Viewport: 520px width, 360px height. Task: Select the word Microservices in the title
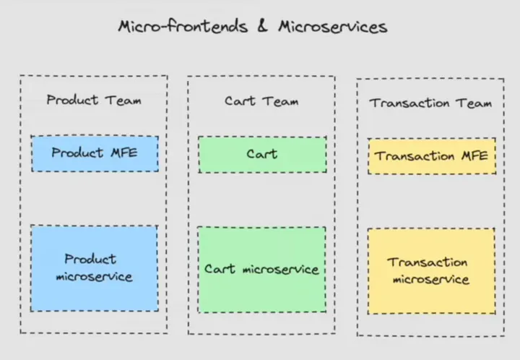(332, 27)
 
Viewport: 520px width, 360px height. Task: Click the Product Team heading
(94, 100)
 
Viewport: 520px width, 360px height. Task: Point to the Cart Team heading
(261, 101)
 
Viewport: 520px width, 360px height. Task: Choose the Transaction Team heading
(431, 103)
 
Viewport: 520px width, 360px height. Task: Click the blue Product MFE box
(94, 153)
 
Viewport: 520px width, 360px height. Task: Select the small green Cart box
(262, 154)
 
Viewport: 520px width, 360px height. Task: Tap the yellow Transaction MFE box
(431, 156)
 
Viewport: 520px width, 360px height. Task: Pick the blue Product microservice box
(94, 268)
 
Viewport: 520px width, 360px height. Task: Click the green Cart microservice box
(262, 270)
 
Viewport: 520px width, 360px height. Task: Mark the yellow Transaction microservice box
(431, 271)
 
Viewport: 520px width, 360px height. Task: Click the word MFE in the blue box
(123, 153)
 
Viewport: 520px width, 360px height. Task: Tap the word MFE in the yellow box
(474, 156)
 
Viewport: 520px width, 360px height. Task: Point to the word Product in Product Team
(73, 100)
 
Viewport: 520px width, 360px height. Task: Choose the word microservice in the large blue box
(94, 277)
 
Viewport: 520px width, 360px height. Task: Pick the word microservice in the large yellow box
(431, 280)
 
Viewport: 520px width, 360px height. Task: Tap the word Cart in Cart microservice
(220, 270)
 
